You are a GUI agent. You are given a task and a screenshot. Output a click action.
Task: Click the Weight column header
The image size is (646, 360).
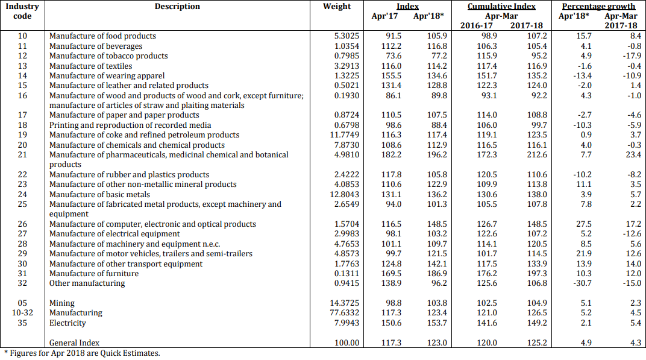[337, 7]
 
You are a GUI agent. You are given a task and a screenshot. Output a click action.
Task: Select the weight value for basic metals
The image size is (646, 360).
[345, 194]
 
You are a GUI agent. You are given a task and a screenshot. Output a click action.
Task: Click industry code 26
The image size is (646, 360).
[22, 224]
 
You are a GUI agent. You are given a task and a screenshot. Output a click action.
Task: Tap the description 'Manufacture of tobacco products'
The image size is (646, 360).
[108, 55]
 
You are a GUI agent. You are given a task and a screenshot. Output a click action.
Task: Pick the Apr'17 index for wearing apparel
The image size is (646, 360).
[391, 75]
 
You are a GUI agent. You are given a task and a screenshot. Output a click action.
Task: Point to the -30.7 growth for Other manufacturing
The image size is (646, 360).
[583, 283]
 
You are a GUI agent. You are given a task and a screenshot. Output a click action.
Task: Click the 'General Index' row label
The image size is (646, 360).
[74, 343]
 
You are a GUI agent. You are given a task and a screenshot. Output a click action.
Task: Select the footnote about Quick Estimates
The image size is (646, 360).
[81, 353]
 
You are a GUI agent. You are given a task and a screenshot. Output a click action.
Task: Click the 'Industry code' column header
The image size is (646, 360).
[22, 11]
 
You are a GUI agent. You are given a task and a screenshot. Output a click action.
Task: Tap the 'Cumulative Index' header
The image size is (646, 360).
[501, 7]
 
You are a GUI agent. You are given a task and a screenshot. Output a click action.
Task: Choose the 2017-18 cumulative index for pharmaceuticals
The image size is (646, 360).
[538, 154]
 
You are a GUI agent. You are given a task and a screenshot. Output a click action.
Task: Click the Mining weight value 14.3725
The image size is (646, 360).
[345, 303]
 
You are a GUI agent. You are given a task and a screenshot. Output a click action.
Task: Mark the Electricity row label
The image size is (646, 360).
[67, 323]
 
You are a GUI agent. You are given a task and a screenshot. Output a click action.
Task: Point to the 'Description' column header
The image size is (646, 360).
[177, 7]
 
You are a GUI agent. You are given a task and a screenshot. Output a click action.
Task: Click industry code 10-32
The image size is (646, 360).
[22, 313]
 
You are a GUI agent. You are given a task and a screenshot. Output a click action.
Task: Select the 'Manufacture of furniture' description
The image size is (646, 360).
[94, 273]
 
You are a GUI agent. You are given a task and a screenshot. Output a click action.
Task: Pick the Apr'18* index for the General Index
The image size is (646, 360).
[437, 343]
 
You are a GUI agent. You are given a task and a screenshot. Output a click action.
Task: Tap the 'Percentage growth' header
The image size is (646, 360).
[598, 7]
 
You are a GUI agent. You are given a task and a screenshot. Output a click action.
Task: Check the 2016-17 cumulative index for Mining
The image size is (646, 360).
[487, 303]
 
